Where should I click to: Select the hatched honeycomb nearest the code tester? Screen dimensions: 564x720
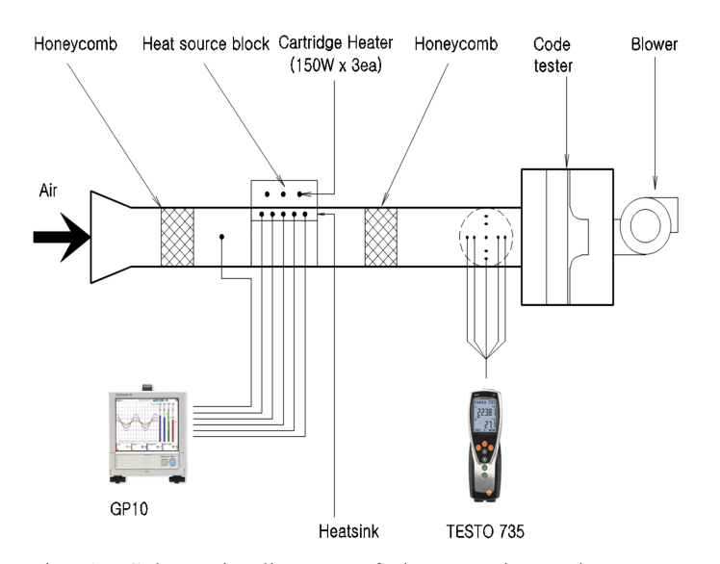382,235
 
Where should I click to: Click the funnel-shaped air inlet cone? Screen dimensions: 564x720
111,235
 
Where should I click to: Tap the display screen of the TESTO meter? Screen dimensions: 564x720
488,418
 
